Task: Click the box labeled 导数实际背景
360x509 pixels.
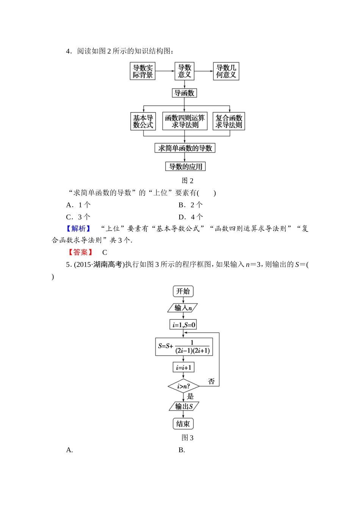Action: [142, 71]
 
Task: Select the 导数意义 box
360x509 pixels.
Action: [185, 71]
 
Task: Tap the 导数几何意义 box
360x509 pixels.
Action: [226, 71]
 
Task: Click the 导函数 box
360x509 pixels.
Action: [185, 93]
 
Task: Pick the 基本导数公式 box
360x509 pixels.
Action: [143, 121]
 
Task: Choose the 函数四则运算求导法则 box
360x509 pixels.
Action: [185, 121]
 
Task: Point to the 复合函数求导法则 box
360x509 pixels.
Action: [229, 121]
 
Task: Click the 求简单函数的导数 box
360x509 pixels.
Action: [185, 148]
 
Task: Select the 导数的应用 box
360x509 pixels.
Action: [185, 167]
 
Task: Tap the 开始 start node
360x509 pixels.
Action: [183, 291]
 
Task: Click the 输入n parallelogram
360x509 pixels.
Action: [183, 308]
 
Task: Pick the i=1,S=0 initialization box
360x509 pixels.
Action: [183, 325]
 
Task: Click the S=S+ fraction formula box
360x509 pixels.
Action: [184, 347]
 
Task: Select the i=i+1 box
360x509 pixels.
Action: [183, 367]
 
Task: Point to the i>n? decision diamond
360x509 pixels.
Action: [183, 386]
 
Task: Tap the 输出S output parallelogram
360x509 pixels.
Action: [184, 406]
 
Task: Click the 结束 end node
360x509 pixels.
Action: [183, 424]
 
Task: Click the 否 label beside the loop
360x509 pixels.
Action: [211, 381]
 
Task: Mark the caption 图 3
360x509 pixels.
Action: [188, 438]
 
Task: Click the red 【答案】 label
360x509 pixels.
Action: [80, 252]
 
